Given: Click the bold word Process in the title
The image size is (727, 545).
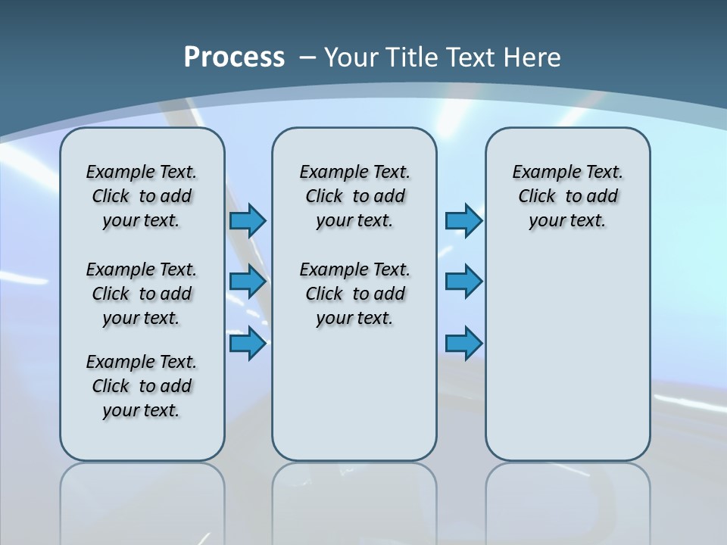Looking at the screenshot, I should click(x=234, y=58).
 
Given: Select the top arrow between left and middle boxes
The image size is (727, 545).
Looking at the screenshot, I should click(x=248, y=220).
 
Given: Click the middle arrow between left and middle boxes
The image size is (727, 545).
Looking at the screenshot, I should click(x=248, y=282).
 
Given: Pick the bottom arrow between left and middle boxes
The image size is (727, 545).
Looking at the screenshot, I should click(x=248, y=344).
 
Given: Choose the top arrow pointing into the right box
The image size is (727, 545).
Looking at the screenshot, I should click(x=463, y=220).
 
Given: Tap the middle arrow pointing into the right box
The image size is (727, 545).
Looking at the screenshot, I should click(x=463, y=282).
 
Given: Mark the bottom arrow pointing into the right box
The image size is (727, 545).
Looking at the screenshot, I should click(x=463, y=344).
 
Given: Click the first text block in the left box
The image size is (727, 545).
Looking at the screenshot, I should click(x=142, y=196).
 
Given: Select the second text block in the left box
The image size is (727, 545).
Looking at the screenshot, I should click(x=142, y=294).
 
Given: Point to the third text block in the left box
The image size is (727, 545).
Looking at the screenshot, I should click(x=142, y=386).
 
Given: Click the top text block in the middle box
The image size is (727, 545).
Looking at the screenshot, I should click(x=354, y=196).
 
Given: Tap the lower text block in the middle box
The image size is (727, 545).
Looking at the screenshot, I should click(x=354, y=294).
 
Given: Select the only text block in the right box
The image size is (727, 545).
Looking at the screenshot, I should click(x=567, y=196).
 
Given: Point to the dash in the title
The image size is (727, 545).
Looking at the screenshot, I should click(x=307, y=58).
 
